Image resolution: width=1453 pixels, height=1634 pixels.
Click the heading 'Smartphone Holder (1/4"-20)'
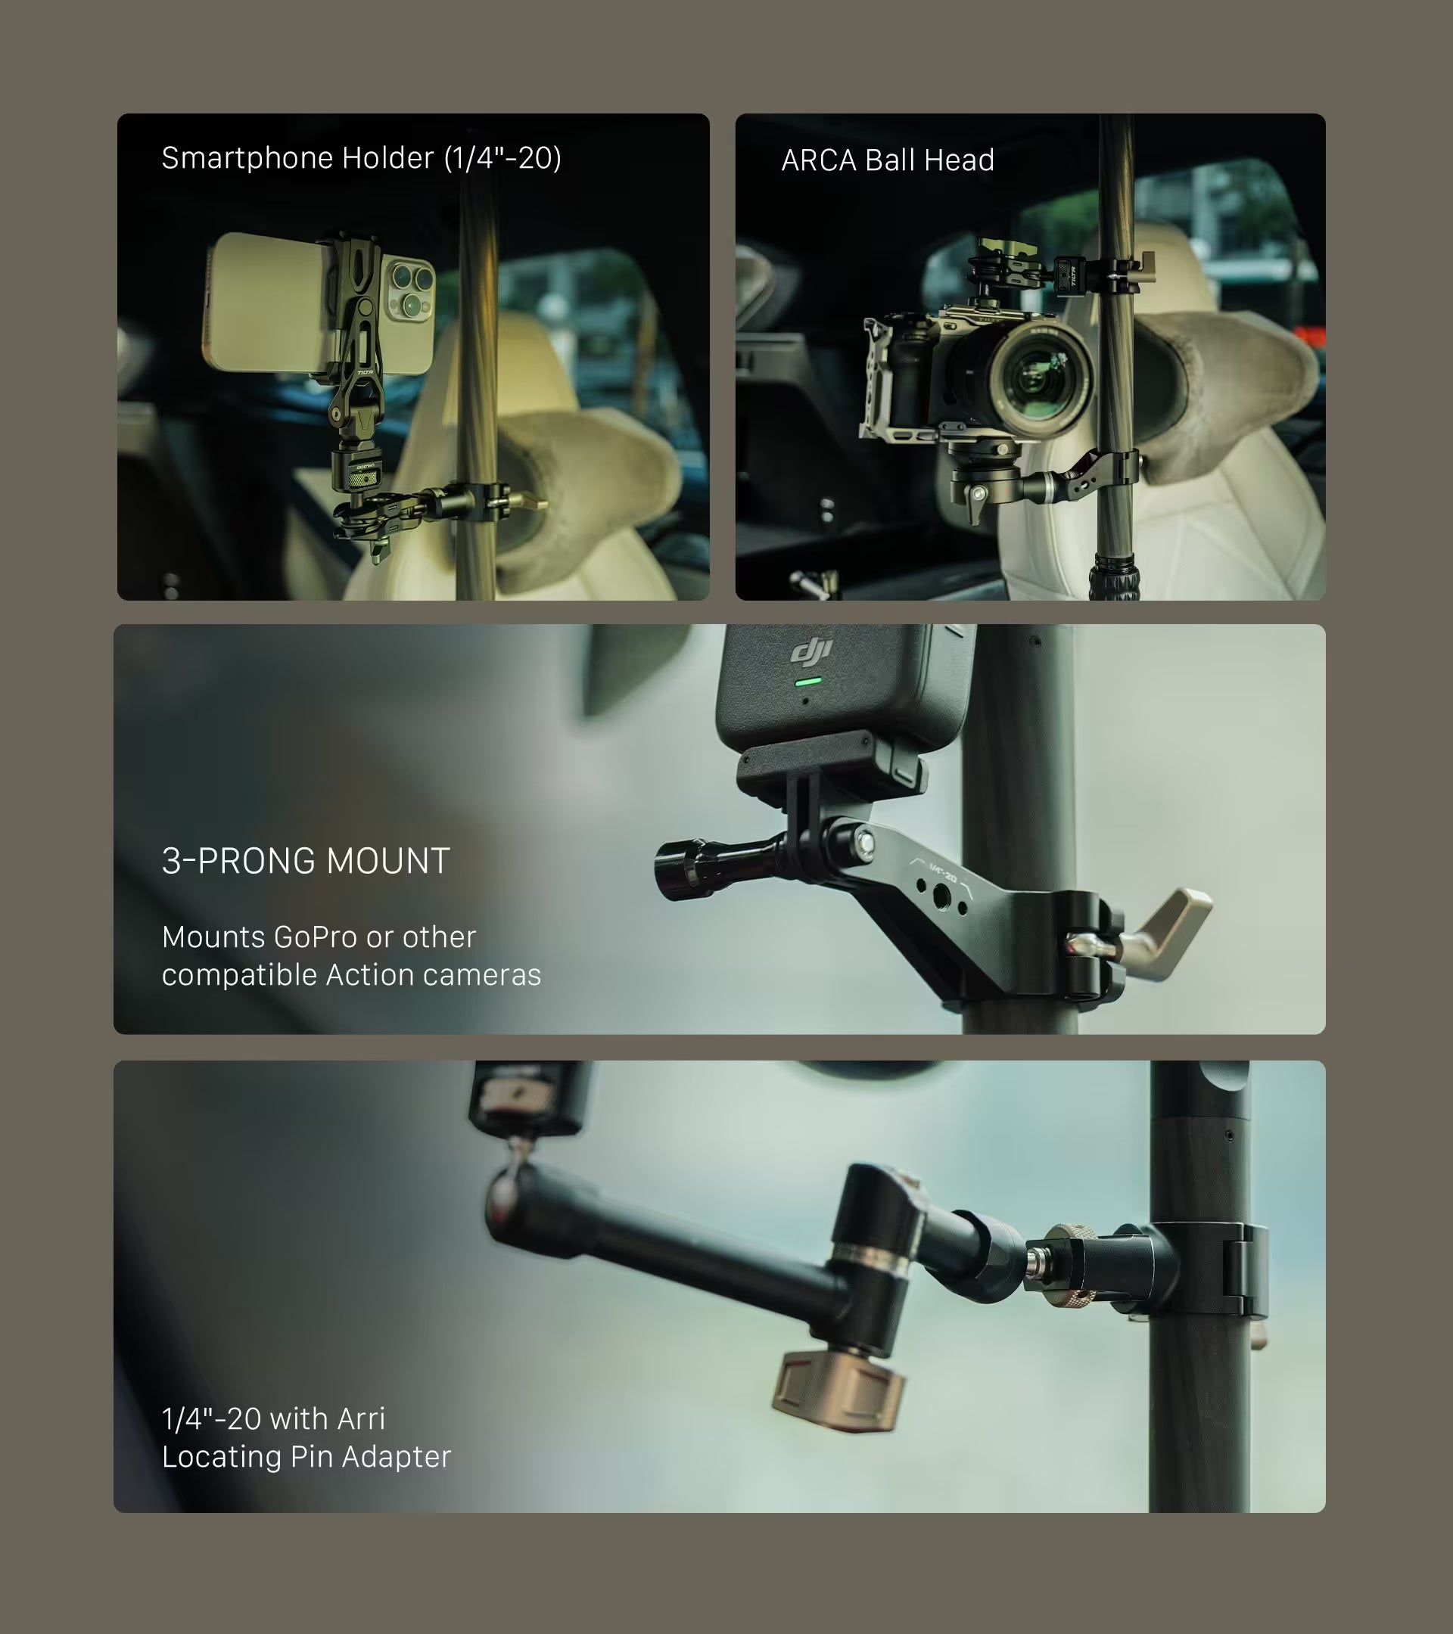(362, 158)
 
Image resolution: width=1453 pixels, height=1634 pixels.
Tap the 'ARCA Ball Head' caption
(888, 160)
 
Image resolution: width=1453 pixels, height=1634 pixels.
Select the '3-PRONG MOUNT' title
(306, 861)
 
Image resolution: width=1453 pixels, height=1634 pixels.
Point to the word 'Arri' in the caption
(362, 1418)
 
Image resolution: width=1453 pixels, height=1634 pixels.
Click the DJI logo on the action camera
(812, 650)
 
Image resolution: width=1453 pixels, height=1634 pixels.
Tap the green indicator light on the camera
(808, 682)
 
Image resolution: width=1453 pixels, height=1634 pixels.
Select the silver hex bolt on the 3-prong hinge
(863, 843)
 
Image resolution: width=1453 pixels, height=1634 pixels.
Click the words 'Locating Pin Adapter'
(306, 1456)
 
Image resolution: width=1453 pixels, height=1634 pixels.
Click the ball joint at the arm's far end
(509, 1195)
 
